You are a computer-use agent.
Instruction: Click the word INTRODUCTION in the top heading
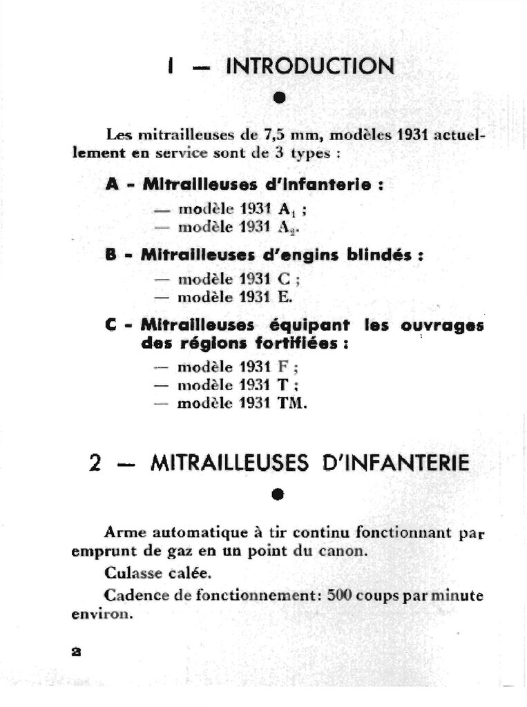tap(310, 66)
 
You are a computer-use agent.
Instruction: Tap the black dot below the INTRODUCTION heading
tap(278, 97)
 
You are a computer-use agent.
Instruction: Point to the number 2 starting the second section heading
tap(97, 463)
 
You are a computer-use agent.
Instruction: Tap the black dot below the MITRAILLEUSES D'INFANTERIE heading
tap(278, 494)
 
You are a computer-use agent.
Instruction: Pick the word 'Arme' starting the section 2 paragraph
tap(124, 532)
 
